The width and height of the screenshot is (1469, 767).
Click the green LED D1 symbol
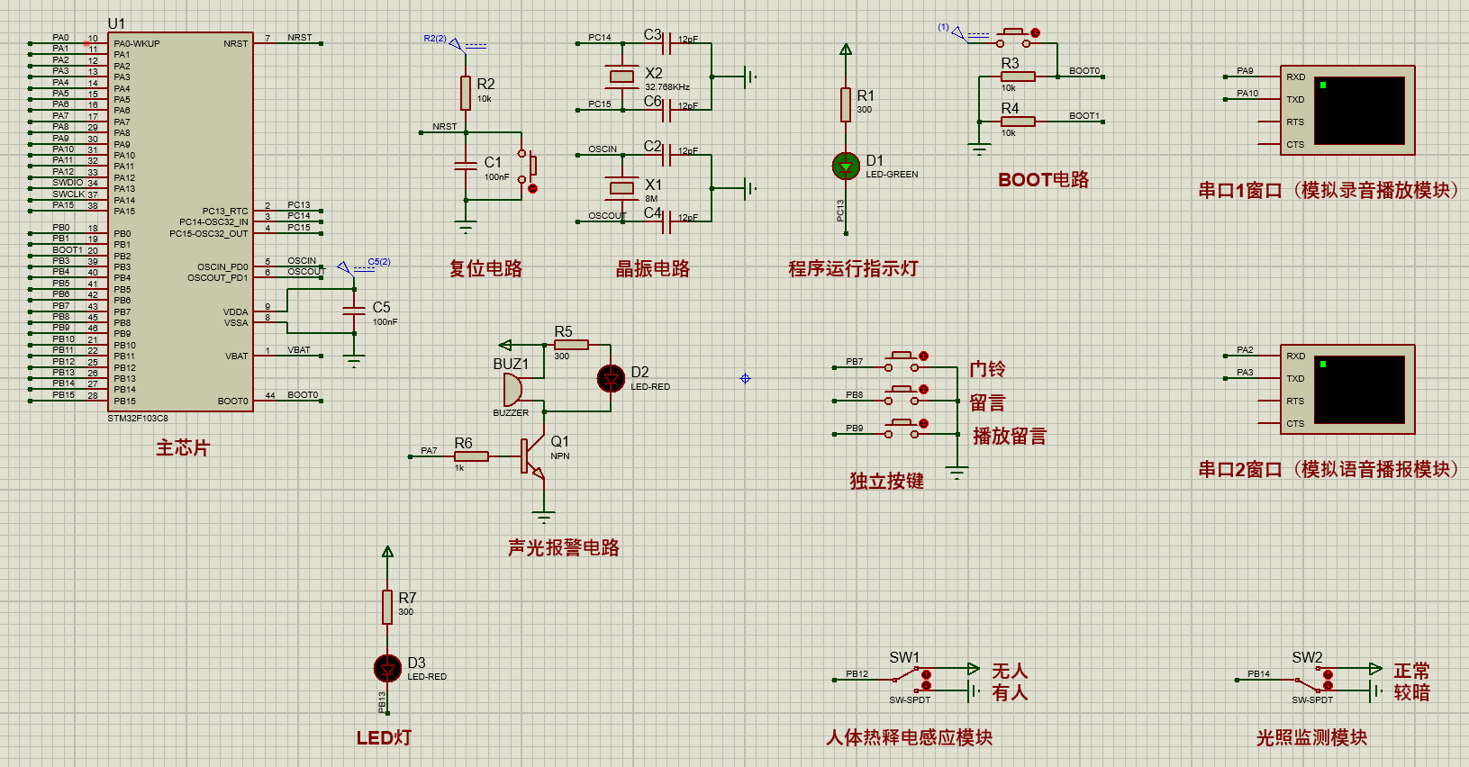click(846, 166)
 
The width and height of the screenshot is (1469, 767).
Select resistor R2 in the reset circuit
click(466, 93)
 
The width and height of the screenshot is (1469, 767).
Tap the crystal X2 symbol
click(621, 77)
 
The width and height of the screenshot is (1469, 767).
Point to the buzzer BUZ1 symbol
click(512, 390)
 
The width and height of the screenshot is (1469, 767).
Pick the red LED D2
click(611, 378)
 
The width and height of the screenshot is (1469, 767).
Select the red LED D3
click(387, 668)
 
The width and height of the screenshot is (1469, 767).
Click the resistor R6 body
click(471, 456)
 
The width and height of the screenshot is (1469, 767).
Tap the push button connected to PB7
click(902, 362)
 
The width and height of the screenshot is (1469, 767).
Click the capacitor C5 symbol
click(354, 311)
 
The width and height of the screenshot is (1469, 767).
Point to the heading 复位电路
click(485, 268)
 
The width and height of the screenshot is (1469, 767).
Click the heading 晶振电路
click(652, 268)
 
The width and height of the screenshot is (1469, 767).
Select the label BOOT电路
click(1043, 180)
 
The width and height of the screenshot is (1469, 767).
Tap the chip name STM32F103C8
click(138, 419)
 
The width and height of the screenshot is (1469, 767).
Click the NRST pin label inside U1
click(235, 43)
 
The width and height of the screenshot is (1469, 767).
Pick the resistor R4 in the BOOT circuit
click(1018, 121)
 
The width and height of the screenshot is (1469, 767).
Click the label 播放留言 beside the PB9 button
click(1009, 437)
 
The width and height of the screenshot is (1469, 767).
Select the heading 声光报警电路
click(563, 547)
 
